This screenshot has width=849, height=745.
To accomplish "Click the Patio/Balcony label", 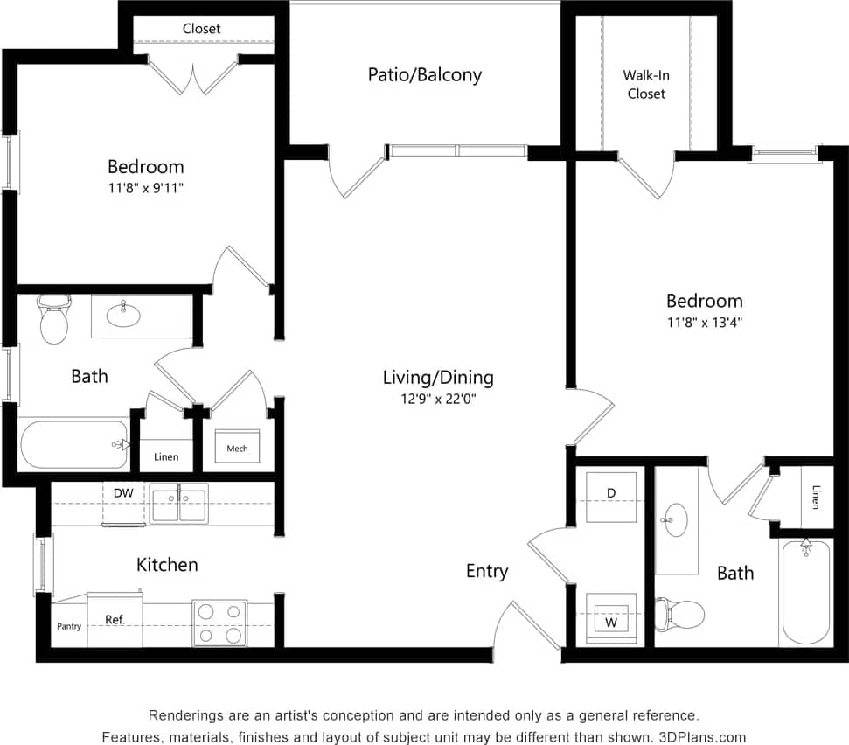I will [424, 75].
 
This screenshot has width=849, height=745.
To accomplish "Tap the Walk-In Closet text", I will [645, 85].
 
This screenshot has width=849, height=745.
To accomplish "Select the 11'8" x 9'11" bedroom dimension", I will [146, 186].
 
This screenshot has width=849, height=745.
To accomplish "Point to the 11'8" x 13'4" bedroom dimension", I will [704, 322].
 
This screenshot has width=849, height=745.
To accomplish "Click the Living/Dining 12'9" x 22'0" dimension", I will [438, 398].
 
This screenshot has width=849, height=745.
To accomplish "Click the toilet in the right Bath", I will [681, 614].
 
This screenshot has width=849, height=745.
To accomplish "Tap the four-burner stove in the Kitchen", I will [219, 623].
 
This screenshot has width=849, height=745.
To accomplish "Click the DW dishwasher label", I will [123, 493].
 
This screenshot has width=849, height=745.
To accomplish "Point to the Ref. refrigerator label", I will [115, 619].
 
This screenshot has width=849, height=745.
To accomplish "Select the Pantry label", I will [69, 626].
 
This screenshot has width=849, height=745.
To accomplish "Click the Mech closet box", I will [237, 449].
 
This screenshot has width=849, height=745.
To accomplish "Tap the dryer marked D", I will [611, 494].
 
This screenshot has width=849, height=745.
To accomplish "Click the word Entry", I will [486, 571].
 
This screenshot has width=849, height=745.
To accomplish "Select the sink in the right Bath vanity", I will [674, 519].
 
